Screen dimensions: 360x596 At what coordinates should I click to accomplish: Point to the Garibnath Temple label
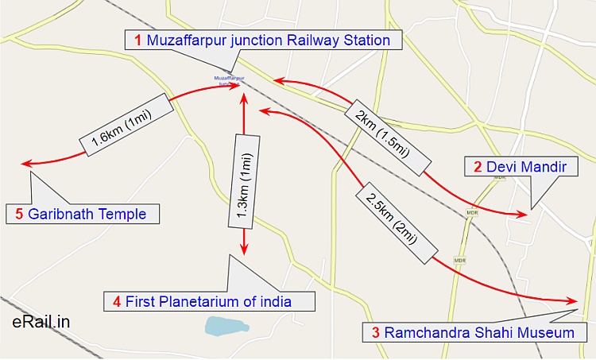pos(83,214)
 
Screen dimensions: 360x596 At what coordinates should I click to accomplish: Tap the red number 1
pos(138,40)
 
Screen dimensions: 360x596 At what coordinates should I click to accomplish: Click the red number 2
pos(478,167)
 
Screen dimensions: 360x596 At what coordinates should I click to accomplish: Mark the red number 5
pos(19,214)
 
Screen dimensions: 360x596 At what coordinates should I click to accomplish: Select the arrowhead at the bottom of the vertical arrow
pos(244,250)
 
